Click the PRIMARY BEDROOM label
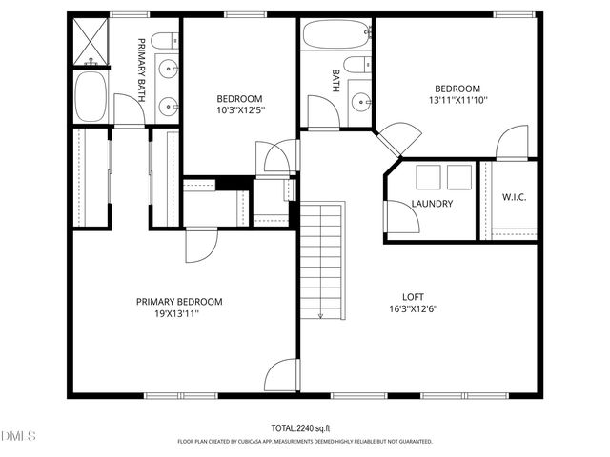click(x=179, y=302)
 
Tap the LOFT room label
click(x=413, y=295)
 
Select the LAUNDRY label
click(x=432, y=204)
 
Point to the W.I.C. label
click(x=515, y=198)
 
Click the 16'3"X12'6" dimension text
click(x=414, y=308)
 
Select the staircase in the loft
click(x=322, y=262)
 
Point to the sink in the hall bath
click(x=361, y=101)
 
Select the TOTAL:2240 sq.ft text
click(x=305, y=428)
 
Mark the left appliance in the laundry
click(x=427, y=176)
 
